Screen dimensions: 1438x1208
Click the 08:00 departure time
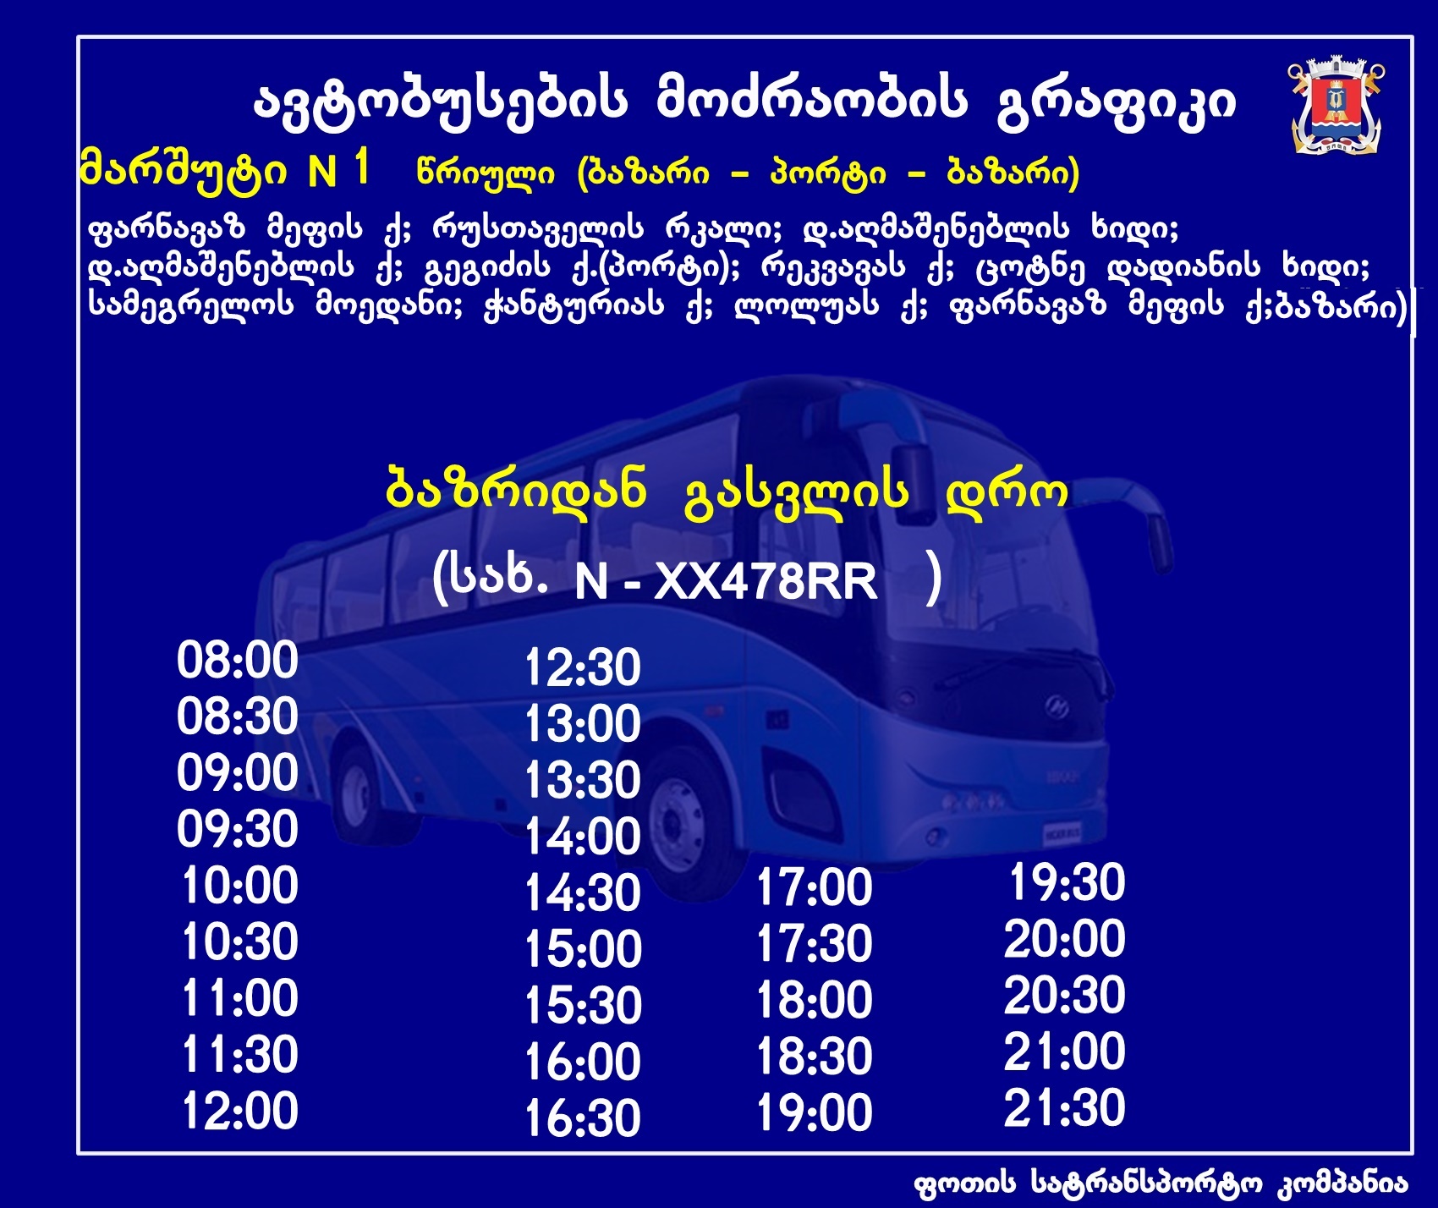click(238, 661)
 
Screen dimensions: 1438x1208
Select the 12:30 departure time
click(583, 668)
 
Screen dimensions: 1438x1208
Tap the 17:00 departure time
click(814, 888)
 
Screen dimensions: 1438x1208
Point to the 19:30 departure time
click(1067, 883)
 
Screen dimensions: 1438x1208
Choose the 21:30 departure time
click(1065, 1108)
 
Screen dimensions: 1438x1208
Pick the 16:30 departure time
click(583, 1118)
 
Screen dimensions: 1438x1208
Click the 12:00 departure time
click(240, 1112)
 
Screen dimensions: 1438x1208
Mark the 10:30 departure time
click(240, 942)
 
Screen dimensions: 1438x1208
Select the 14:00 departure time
click(583, 837)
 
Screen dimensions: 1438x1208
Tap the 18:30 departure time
click(814, 1057)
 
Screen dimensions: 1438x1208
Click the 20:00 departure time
click(1065, 940)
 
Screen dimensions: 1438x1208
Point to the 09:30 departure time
click(238, 830)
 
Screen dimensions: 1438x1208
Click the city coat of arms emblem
click(1336, 107)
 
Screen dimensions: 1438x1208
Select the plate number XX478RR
click(766, 582)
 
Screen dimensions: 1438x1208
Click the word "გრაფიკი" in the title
click(1117, 103)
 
